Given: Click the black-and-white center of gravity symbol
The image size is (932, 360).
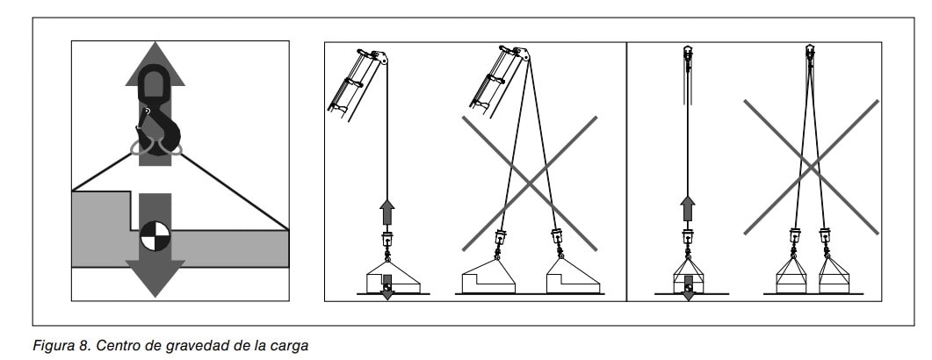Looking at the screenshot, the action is point(155,236).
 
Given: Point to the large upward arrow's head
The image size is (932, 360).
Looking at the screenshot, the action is point(155,63).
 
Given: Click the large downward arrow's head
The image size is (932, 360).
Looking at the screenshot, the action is point(155,278).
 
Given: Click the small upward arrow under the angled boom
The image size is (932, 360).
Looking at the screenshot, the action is point(387,212).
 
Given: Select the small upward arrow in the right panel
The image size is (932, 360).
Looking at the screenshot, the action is point(688,209).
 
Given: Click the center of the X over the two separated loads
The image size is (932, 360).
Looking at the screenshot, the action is point(530,184).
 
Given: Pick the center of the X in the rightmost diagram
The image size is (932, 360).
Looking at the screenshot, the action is point(812,167).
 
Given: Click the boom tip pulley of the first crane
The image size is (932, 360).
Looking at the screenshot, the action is point(381,58).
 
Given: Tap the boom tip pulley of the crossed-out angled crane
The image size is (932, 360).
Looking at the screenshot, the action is point(523,54).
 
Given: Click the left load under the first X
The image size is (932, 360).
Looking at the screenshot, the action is point(488,276).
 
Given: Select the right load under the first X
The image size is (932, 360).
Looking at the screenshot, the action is point(573,276).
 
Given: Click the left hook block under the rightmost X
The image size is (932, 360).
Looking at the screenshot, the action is point(795,236).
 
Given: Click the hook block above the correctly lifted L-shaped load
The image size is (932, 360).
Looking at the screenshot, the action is point(387,240).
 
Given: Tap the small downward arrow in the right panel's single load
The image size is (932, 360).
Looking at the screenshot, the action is point(688,287).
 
